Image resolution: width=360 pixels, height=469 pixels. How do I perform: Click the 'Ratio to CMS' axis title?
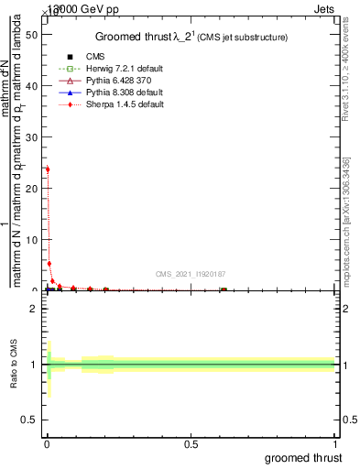click(x=14, y=365)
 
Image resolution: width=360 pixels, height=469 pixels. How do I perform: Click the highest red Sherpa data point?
click(x=47, y=169)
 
